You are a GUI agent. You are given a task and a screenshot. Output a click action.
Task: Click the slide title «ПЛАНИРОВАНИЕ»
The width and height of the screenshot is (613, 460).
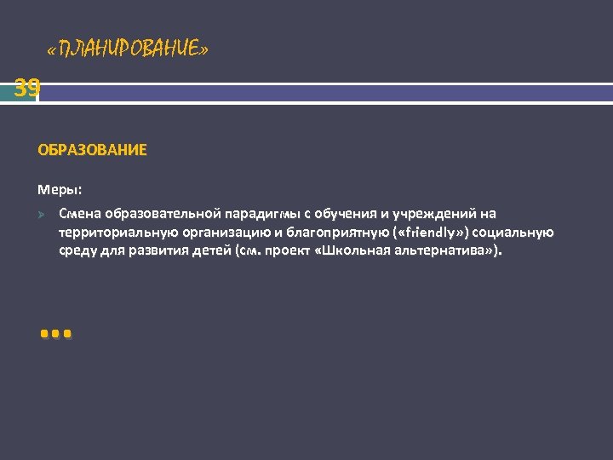click(128, 50)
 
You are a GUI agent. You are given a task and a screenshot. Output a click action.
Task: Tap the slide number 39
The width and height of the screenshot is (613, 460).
click(26, 88)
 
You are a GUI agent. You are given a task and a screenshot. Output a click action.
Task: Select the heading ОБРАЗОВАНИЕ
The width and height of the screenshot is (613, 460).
click(92, 150)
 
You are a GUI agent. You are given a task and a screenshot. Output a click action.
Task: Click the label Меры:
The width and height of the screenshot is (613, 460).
click(60, 188)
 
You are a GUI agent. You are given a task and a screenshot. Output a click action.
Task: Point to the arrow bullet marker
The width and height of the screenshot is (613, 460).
click(42, 214)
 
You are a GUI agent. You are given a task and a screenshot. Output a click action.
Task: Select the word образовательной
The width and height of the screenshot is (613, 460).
click(162, 213)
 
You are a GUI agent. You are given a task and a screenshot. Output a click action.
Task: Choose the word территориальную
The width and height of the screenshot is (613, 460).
click(111, 233)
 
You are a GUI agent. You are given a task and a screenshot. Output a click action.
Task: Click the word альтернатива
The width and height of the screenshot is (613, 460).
click(445, 252)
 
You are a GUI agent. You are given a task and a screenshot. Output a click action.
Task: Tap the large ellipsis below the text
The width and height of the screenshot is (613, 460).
click(56, 333)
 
